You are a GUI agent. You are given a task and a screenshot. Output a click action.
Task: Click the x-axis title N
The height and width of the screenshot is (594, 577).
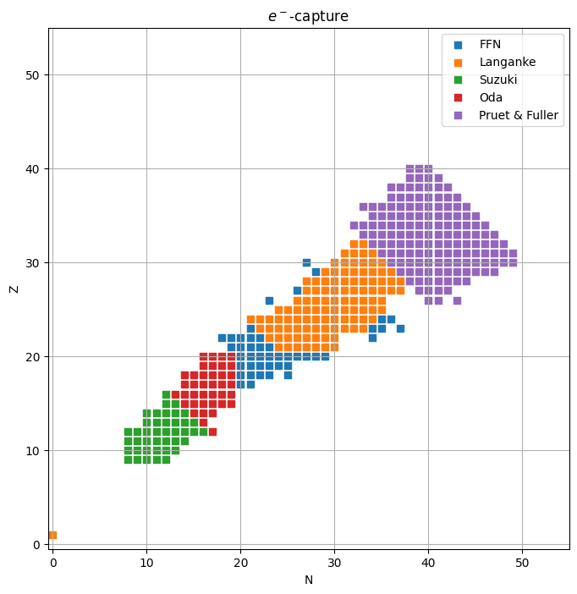309,580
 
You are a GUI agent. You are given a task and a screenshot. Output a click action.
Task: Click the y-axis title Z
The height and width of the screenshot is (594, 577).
14,289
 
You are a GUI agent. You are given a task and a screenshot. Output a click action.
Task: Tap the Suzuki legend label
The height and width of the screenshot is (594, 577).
499,80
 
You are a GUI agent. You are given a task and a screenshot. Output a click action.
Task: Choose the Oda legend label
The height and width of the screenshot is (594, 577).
491,97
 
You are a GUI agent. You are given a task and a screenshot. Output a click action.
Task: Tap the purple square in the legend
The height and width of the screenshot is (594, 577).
459,115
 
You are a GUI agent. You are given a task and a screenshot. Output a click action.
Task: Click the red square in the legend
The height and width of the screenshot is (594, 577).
459,97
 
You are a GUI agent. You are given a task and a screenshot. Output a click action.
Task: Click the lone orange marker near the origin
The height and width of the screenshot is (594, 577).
52,535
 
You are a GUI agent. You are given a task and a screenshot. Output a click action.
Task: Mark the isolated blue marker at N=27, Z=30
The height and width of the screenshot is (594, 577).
306,262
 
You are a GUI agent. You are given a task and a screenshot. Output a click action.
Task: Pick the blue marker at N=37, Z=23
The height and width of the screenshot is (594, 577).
400,328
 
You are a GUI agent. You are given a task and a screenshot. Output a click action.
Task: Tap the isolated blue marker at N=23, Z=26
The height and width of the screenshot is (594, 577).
269,300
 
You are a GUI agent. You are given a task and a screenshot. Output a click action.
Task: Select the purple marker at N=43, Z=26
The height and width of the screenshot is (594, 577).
457,300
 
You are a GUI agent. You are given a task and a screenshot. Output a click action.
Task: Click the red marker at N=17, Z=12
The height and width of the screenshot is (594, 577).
212,432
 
